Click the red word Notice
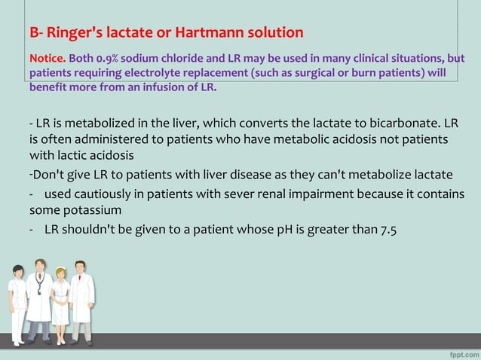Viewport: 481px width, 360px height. (47, 58)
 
